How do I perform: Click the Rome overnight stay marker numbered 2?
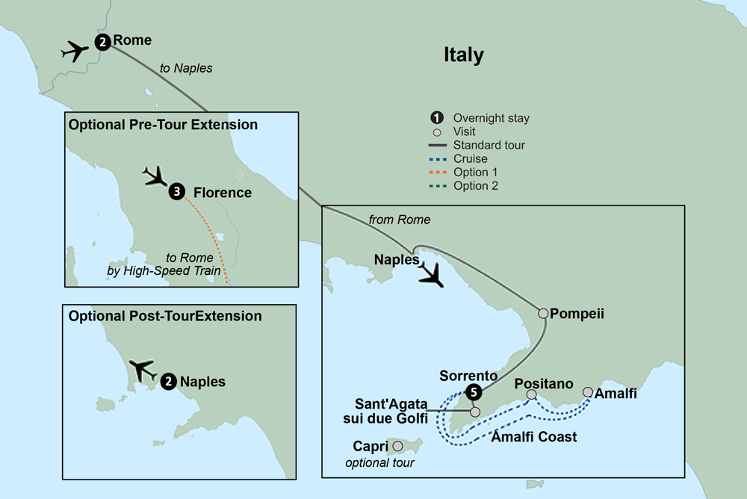pyautogui.click(x=102, y=42)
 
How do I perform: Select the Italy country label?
pyautogui.click(x=463, y=55)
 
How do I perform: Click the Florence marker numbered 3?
pyautogui.click(x=176, y=192)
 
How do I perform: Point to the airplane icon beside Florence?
pyautogui.click(x=155, y=177)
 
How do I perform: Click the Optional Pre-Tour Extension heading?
pyautogui.click(x=163, y=125)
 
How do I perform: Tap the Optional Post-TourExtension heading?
pyautogui.click(x=165, y=316)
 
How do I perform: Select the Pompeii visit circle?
pyautogui.click(x=543, y=314)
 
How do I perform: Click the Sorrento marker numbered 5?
pyautogui.click(x=471, y=391)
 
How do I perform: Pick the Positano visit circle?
pyautogui.click(x=531, y=394)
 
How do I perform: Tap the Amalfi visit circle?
pyautogui.click(x=588, y=392)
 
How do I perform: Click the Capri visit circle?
pyautogui.click(x=397, y=446)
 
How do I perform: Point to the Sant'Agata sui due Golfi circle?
pyautogui.click(x=474, y=411)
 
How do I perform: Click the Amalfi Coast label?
pyautogui.click(x=533, y=437)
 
